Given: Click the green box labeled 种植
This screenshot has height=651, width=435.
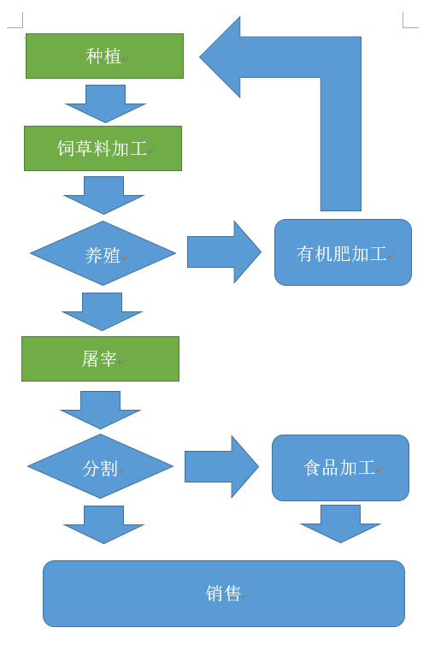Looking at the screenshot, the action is click(x=104, y=56).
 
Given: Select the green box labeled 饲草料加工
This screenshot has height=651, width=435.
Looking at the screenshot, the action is click(x=103, y=148).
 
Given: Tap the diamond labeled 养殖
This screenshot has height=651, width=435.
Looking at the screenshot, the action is click(x=103, y=253).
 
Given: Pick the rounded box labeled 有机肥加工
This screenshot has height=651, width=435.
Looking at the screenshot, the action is click(x=343, y=252).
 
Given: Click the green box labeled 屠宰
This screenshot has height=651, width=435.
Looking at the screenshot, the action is click(x=100, y=358).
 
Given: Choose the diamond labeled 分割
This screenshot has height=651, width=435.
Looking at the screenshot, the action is click(x=100, y=466).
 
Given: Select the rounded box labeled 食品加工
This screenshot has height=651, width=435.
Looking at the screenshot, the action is click(x=340, y=468).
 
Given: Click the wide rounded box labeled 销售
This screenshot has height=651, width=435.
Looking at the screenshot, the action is click(x=224, y=594).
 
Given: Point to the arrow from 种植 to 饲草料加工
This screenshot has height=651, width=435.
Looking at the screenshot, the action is click(x=105, y=104).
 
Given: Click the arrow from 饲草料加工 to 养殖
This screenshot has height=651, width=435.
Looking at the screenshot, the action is click(x=103, y=195).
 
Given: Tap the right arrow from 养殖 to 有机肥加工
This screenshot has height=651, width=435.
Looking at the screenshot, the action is click(x=224, y=252).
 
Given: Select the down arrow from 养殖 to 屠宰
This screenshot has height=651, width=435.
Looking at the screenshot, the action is click(x=102, y=311).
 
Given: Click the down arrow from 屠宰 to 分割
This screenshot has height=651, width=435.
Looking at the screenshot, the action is click(x=100, y=410).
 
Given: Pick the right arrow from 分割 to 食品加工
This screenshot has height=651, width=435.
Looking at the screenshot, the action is click(x=221, y=467).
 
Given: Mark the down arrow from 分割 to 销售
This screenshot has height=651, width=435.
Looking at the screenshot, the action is click(x=103, y=524).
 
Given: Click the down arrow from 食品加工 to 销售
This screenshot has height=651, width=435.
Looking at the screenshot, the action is click(x=340, y=524).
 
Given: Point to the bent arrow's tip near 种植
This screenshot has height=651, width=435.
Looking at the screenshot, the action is click(x=200, y=57).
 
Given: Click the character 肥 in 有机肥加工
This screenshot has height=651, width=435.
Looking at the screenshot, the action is click(x=342, y=254).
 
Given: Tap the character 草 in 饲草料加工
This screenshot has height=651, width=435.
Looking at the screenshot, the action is click(x=84, y=148).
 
